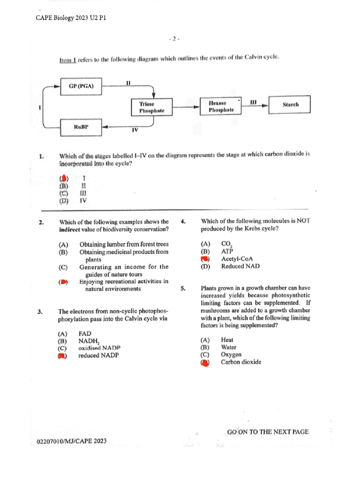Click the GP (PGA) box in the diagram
point(82,86)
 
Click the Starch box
point(290,105)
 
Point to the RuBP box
point(82,127)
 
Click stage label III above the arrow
point(254,101)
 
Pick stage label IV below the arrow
point(135,130)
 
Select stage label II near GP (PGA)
point(128,82)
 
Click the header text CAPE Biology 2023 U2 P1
point(71,18)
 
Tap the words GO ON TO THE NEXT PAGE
point(268,432)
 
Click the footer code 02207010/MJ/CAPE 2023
point(71,441)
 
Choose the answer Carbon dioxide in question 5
point(241,362)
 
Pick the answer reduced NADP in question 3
point(98,355)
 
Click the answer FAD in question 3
point(85,333)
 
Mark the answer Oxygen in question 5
point(231,354)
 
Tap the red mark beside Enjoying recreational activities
point(63,282)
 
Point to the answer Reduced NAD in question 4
point(239,266)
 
